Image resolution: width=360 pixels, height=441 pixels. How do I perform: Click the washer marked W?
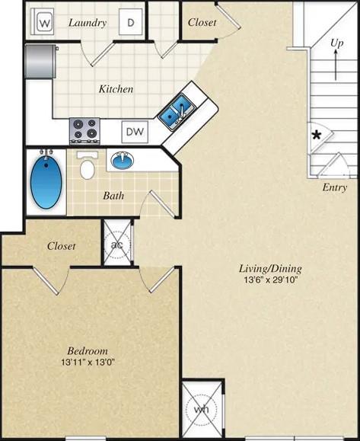pos(43,23)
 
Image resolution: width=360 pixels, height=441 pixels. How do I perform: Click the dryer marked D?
pos(129,23)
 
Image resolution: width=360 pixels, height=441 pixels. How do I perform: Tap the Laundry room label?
pos(88,23)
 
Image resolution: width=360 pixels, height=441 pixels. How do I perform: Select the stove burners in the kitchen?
pos(84,129)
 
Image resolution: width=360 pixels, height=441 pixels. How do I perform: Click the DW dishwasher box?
pos(135,131)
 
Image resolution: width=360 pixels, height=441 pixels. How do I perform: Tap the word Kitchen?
pos(116,89)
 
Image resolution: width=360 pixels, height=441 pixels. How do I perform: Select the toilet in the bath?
pos(88,166)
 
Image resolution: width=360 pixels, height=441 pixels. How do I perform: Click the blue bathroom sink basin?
pos(122,161)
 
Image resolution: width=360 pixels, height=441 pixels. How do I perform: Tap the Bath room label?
pos(114,195)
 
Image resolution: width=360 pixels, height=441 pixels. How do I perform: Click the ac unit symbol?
pos(117,244)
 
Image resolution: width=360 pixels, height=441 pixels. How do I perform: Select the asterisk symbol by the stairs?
pos(315,136)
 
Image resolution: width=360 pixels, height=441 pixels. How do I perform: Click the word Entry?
pos(335,187)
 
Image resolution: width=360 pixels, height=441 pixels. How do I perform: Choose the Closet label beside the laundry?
pos(202,23)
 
